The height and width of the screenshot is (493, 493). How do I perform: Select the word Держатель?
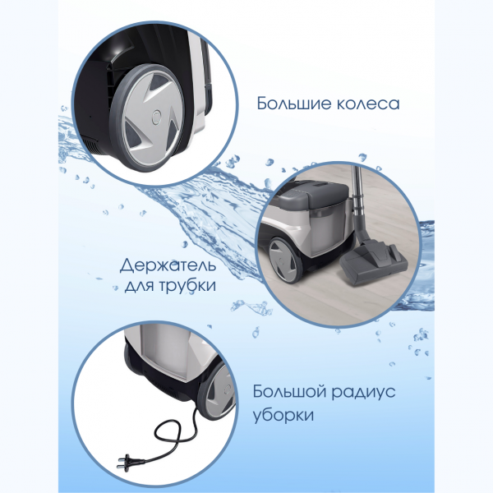pyautogui.click(x=168, y=267)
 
